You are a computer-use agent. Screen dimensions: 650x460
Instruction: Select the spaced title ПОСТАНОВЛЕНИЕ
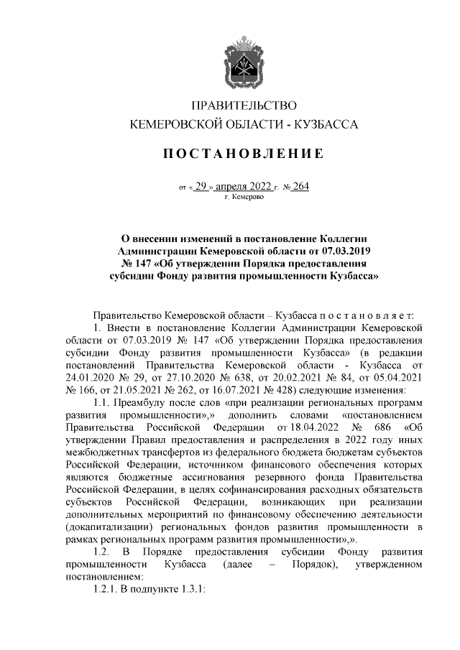pos(242,154)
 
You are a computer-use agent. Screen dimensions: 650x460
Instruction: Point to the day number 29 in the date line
pos(201,187)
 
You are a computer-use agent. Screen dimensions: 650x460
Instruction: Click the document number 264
pos(300,187)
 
